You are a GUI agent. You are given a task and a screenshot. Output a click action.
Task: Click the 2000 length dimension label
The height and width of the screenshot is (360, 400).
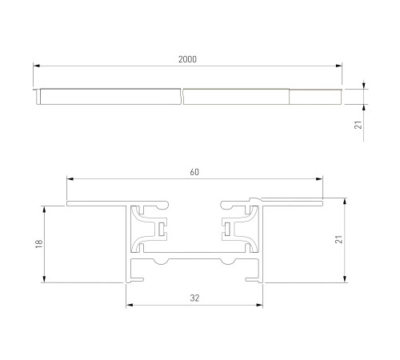pyautogui.click(x=187, y=59)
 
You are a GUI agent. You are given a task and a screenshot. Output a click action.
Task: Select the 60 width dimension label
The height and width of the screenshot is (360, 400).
pyautogui.click(x=194, y=172)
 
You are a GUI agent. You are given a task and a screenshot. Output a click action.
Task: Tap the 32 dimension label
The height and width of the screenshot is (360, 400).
pyautogui.click(x=194, y=298)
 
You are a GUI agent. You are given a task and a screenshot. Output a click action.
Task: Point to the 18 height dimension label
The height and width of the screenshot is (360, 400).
pyautogui.click(x=39, y=244)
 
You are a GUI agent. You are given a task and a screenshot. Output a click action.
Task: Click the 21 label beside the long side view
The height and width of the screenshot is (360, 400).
pyautogui.click(x=358, y=125)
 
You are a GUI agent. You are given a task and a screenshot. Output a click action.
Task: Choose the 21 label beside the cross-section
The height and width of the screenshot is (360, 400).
pyautogui.click(x=338, y=239)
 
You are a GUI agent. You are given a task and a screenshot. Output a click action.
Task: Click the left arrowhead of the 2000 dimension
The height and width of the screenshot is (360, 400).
pyautogui.click(x=37, y=66)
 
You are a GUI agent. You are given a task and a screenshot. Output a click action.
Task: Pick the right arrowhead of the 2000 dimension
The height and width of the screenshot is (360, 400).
pyautogui.click(x=338, y=66)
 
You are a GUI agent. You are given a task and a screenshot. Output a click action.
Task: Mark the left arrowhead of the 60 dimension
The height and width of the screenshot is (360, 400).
pyautogui.click(x=70, y=179)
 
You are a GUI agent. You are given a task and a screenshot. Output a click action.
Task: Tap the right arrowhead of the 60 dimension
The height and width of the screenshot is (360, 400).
pyautogui.click(x=319, y=179)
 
